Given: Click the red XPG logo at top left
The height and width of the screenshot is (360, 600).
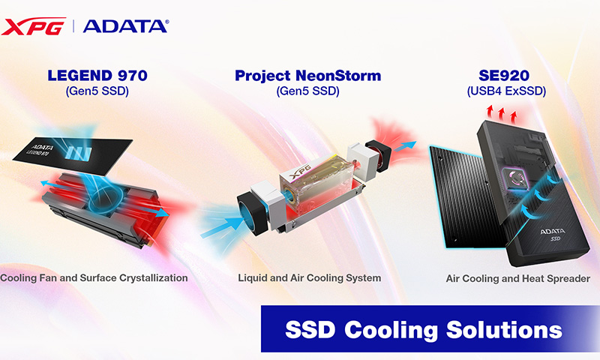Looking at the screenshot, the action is pos(33,26).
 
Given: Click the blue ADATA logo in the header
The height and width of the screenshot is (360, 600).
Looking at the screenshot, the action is pos(125,26).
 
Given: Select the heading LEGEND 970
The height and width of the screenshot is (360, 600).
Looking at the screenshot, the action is pos(97,75).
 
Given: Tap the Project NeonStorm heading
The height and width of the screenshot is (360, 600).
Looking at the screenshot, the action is pos(307,75).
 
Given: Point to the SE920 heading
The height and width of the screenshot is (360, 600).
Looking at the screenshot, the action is pos(503,75).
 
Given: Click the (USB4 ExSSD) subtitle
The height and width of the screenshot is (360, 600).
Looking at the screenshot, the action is pos(506,91).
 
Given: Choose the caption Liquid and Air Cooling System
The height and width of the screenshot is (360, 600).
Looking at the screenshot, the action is pos(309,277).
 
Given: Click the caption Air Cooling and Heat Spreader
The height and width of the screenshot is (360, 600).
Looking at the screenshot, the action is pos(517,278).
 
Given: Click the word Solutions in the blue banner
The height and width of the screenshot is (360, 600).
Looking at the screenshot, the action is pos(504,329).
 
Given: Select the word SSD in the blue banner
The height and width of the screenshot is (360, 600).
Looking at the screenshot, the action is pos(310,329).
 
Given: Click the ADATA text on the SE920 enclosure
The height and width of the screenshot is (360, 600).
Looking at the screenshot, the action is pos(552,231).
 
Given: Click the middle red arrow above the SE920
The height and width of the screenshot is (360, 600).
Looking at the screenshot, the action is pos(502,113).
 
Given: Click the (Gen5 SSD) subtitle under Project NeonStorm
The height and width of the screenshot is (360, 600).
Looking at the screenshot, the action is pos(307,91).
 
